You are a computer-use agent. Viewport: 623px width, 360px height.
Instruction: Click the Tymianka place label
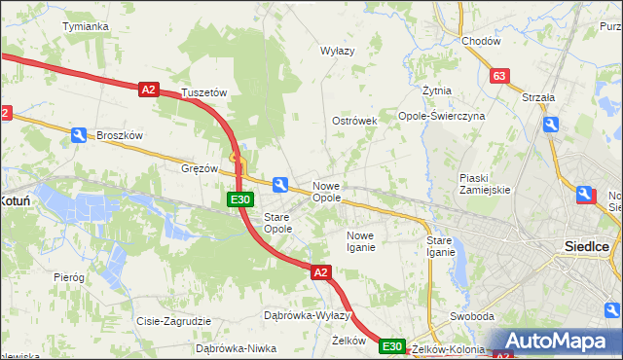point(85,26)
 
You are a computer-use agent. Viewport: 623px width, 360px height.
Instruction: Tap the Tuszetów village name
point(203,92)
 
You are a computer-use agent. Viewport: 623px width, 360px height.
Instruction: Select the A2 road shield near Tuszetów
point(148,90)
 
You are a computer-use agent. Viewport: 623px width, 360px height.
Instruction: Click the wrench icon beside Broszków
point(78,136)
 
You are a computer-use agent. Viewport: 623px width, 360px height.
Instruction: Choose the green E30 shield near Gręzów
point(241,199)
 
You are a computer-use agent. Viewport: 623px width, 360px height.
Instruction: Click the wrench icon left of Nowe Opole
point(281,185)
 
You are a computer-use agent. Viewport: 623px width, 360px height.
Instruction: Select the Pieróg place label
point(69,277)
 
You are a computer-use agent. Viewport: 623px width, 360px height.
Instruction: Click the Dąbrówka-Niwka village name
point(231,347)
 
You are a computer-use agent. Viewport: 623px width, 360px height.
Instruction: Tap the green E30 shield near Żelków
point(391,346)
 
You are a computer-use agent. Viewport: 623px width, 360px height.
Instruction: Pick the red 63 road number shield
point(499,76)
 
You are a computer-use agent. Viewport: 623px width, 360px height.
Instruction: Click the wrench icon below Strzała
point(551,125)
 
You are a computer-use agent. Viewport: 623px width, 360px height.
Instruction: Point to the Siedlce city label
point(587,246)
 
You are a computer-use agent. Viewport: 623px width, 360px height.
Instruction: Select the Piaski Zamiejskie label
point(486,184)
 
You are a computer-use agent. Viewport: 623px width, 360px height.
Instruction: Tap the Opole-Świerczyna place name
point(441,116)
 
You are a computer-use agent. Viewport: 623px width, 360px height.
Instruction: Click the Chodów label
point(481,42)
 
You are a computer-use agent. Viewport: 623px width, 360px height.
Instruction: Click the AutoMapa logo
point(558,341)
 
